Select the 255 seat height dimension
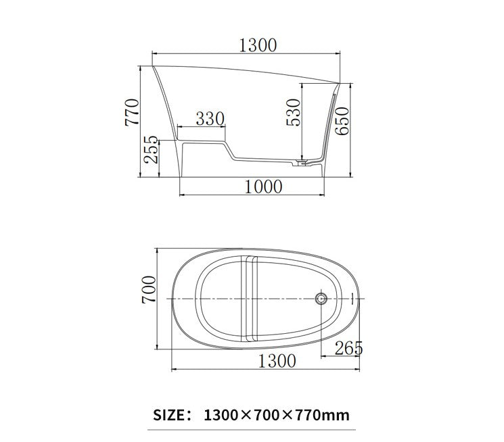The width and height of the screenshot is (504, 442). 151,151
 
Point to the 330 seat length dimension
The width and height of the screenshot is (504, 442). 210,119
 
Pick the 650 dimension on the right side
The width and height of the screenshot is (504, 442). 343,120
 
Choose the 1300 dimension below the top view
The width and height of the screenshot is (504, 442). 277,361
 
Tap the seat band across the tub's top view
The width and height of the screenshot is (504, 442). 250,297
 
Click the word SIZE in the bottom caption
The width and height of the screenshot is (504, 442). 173,414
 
